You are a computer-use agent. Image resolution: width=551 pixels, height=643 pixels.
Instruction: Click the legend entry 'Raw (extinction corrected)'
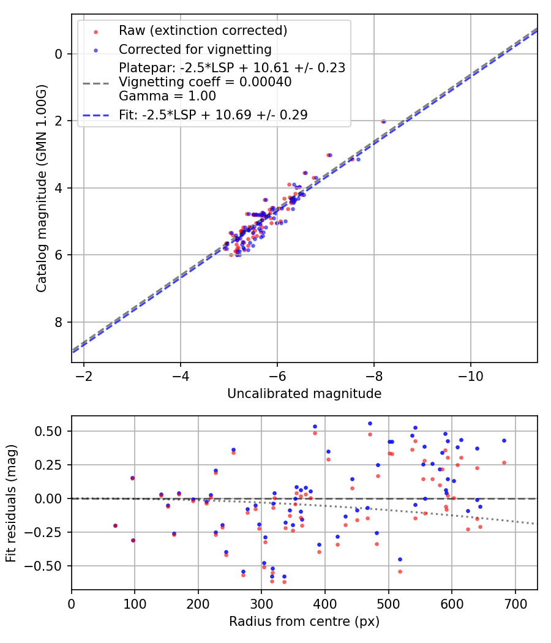point(203,31)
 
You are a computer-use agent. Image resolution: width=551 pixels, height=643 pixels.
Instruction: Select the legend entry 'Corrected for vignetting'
point(195,49)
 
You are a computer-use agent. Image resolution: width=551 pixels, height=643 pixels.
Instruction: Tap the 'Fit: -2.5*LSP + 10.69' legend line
point(213,115)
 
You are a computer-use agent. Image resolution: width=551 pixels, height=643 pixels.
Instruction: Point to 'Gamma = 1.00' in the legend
point(167,96)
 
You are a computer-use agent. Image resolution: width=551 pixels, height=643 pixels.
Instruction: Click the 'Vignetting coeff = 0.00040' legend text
point(205,82)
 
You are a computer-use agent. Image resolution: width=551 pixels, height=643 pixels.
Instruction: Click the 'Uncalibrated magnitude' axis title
point(304,394)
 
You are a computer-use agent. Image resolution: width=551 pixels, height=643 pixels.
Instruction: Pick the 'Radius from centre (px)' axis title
point(304,622)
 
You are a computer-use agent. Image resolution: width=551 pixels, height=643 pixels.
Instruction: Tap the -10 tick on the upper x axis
point(470,374)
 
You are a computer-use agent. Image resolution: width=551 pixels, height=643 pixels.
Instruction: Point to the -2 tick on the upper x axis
point(84,374)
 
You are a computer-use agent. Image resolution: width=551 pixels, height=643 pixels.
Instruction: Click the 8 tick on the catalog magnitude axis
point(59,322)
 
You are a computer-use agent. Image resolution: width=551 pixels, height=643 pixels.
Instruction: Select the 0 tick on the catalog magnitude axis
point(59,54)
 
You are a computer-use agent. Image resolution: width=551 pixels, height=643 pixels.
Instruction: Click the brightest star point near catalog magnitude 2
point(383,121)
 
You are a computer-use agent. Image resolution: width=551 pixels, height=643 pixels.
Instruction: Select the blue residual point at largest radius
point(504,440)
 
